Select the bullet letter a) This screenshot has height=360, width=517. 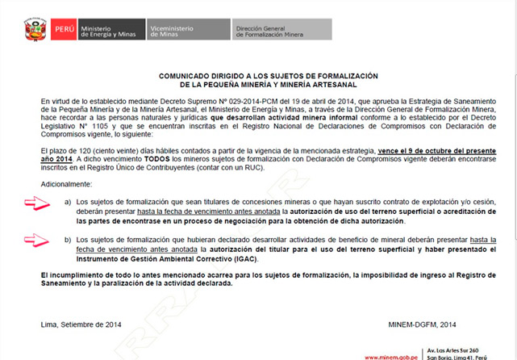68,200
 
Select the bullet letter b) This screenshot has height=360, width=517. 68,241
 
